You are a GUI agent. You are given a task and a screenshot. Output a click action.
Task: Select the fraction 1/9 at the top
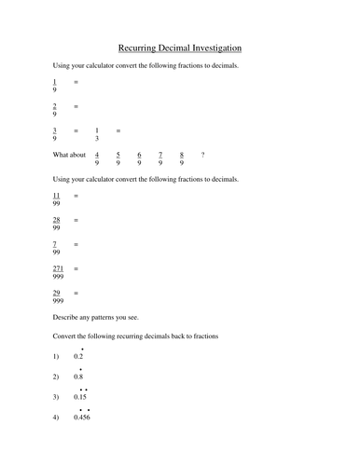pos(55,86)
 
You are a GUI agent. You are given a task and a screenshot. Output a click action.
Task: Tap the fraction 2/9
pos(55,110)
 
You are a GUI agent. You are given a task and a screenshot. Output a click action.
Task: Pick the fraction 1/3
pos(97,134)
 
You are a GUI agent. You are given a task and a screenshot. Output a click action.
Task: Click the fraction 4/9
pos(97,158)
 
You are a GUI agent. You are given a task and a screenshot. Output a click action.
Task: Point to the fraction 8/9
pos(181,158)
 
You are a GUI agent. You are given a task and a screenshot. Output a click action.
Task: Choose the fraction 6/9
pos(139,158)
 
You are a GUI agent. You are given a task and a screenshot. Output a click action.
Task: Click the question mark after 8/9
pos(203,155)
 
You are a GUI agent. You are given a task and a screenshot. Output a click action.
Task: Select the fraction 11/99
pos(56,199)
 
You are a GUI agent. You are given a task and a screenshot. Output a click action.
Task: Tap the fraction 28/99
pos(56,224)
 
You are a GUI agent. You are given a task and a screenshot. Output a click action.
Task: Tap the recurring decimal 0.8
pos(78,377)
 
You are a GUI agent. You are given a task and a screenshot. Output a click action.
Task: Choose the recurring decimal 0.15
pos(80,397)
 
